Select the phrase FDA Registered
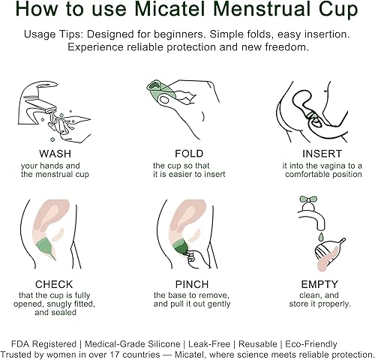point(53,343)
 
